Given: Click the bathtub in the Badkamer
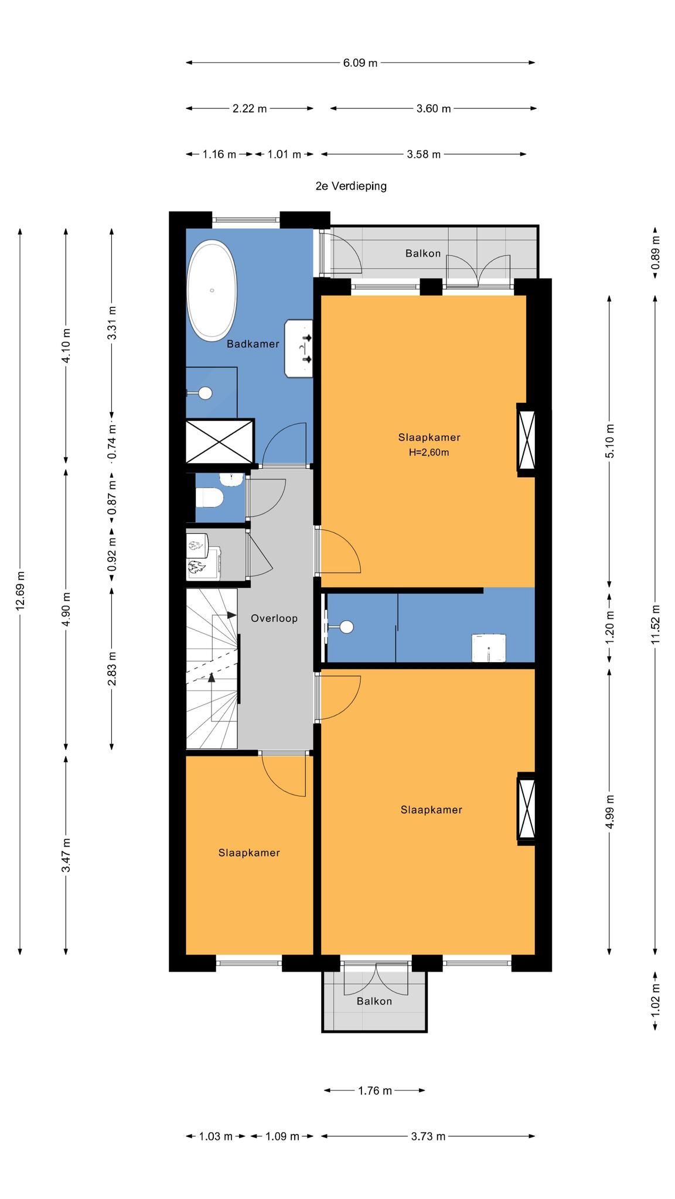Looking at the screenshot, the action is pos(212,291).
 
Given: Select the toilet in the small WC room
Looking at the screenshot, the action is pos(210,498).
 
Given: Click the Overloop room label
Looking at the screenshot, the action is pos(274,618).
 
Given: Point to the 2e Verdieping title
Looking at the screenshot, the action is pos(351,186).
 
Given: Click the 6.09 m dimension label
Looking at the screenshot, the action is pos(360,63).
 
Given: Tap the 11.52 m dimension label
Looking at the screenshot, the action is pos(655,624).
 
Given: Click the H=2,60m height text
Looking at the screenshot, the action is pos(429,452).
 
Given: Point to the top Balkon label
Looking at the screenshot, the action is pos(423,253).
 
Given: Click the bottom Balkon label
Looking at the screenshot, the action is pos(374,1001).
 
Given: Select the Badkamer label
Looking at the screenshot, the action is pos(253,344).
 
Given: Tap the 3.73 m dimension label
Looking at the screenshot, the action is pos(428,1136).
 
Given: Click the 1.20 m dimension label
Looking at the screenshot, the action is pos(609,627).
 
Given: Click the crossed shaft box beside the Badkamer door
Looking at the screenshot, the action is pos(220,441).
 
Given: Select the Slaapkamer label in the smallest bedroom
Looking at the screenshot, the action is pos(249,853).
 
